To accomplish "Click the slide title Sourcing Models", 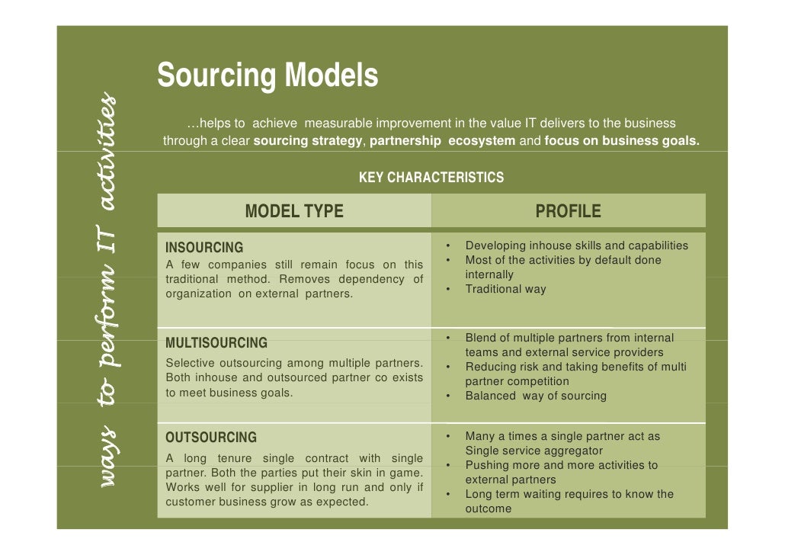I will (x=268, y=75).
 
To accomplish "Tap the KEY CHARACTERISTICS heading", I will (x=431, y=178).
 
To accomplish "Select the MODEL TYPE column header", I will (x=294, y=211).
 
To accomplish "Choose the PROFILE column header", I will (x=568, y=211).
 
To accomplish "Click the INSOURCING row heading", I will (x=204, y=248).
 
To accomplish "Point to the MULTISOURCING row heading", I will (x=216, y=343).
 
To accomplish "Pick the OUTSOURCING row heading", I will (x=211, y=438).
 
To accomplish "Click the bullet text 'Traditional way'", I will (x=505, y=290).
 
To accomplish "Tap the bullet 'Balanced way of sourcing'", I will (x=536, y=396).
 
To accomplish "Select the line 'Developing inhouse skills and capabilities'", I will (x=576, y=245).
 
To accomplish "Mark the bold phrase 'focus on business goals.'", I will (x=622, y=141).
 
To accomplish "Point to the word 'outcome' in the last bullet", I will (x=489, y=508).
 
